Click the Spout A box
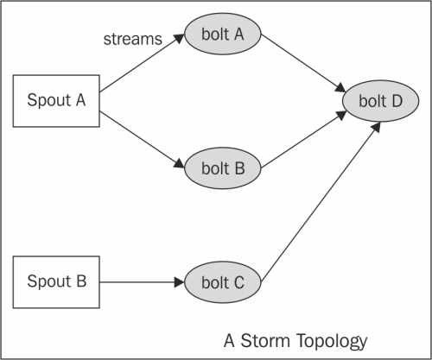[56, 101]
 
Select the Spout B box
[56, 282]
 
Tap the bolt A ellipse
[223, 34]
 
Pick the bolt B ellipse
[223, 168]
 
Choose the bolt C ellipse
[223, 282]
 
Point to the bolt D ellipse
[380, 101]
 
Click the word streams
[133, 39]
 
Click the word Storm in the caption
[265, 341]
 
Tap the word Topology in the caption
[332, 342]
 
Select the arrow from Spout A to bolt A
[142, 63]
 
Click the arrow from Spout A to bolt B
[142, 140]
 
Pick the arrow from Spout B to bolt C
[142, 282]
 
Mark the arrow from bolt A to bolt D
[303, 63]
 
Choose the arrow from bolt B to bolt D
[303, 140]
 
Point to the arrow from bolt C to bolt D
[321, 202]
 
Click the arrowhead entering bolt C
[180, 282]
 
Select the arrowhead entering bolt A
[179, 38]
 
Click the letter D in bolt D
[397, 101]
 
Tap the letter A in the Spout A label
[80, 100]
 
